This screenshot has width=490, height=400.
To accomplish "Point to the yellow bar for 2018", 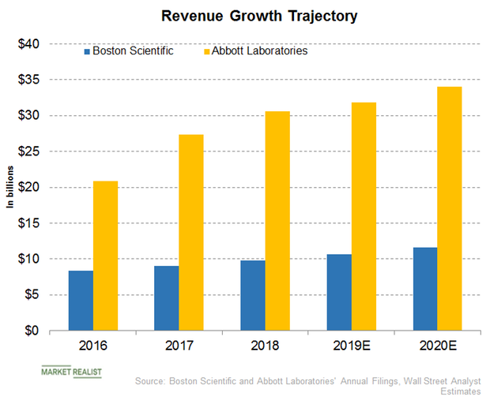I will (277, 221).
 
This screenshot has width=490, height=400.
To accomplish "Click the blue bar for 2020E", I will (424, 289).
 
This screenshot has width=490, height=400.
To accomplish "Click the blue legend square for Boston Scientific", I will (87, 51).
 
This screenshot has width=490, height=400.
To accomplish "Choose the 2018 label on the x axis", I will (265, 346).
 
